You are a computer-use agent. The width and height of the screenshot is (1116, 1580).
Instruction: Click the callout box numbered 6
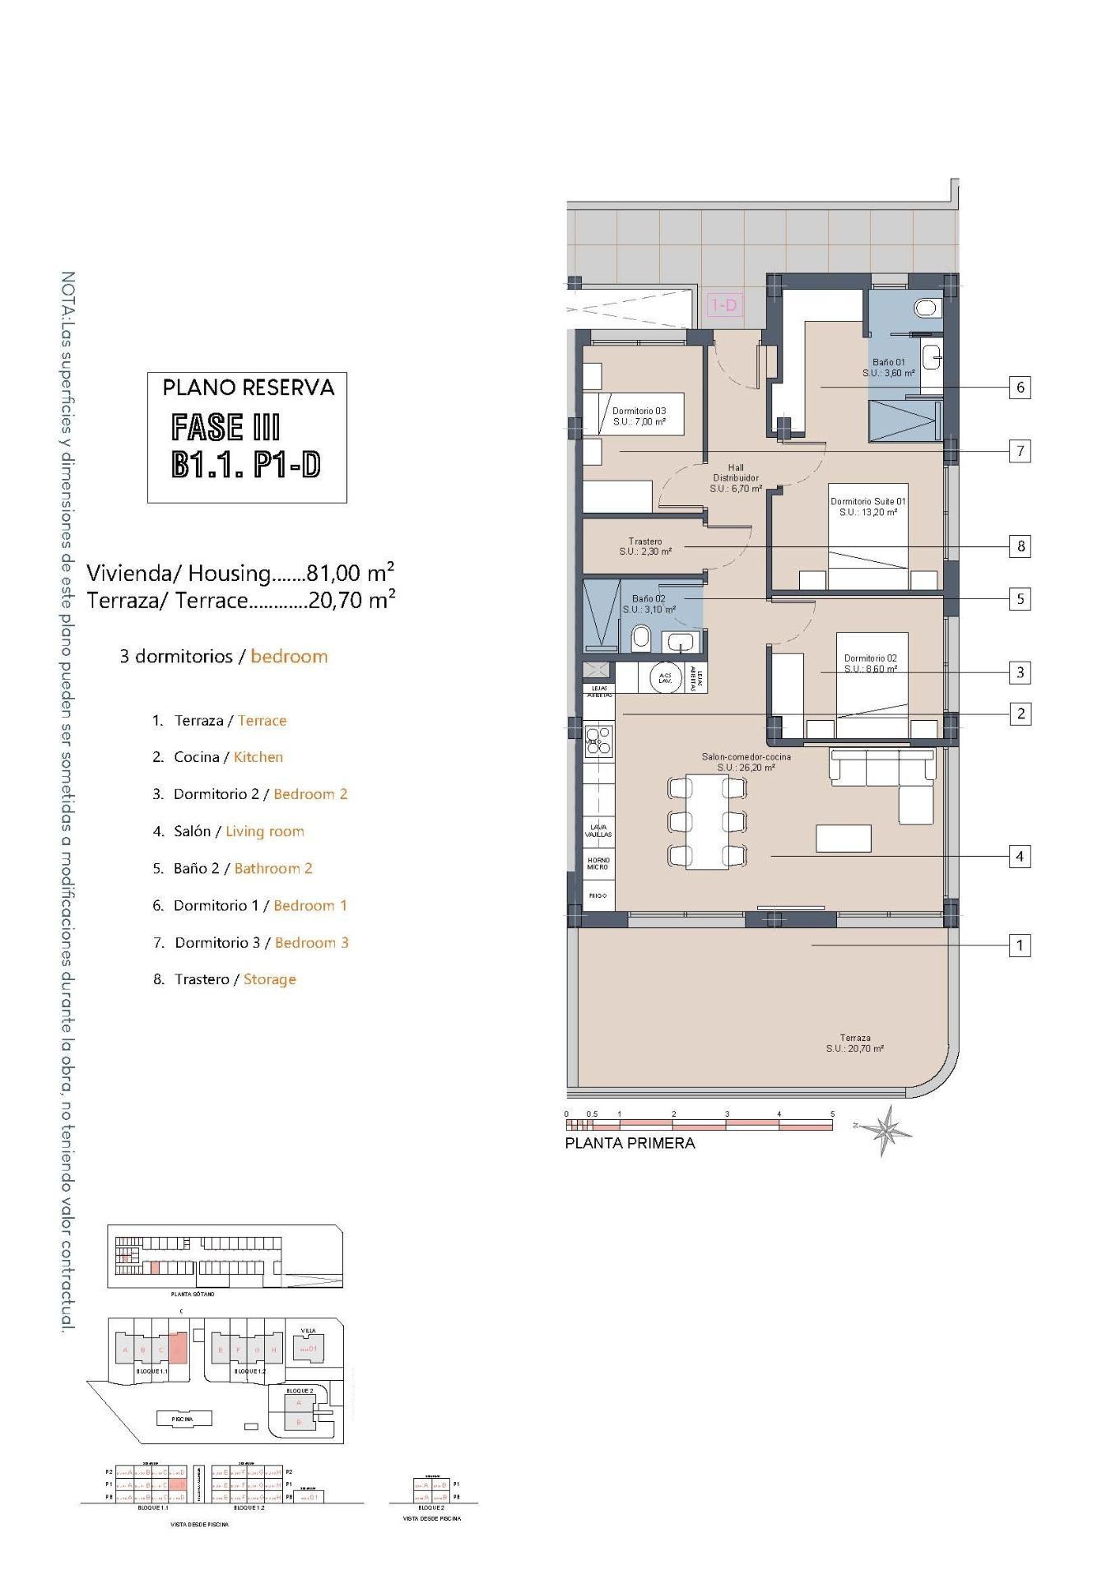coord(1020,387)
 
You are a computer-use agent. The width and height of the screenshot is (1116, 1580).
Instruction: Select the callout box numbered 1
coord(1020,946)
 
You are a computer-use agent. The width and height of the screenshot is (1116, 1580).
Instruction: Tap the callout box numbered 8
coord(1020,546)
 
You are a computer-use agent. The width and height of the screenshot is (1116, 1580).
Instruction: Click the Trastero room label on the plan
coord(645,546)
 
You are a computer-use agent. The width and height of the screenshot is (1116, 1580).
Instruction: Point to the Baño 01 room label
coord(888,367)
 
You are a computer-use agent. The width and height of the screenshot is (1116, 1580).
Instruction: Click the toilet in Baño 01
coord(927,309)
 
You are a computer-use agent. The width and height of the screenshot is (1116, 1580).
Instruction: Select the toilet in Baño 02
coord(641,637)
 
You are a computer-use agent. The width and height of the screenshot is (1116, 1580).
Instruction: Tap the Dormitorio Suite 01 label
coord(867,506)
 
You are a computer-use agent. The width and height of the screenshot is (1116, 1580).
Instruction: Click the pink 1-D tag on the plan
coord(723,305)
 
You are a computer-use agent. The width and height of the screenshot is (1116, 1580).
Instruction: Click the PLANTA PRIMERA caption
coord(630,1143)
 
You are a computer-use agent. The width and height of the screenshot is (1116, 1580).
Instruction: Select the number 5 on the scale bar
coord(832,1114)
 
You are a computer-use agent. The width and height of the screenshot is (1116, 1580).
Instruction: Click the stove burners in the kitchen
coord(599,741)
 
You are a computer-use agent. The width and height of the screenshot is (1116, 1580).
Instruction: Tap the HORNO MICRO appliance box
coord(598,863)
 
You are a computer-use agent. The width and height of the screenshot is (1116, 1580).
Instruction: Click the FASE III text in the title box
coord(226,427)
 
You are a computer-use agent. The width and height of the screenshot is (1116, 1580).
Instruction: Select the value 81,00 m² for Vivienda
coord(350,572)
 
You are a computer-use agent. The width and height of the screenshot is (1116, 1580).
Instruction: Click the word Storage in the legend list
coord(269,979)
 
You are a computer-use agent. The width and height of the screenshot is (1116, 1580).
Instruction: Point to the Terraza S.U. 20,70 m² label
coord(855,1043)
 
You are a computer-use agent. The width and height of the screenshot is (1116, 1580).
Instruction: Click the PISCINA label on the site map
coord(182,1419)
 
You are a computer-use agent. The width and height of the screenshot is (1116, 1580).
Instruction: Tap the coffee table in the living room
coord(843,838)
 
